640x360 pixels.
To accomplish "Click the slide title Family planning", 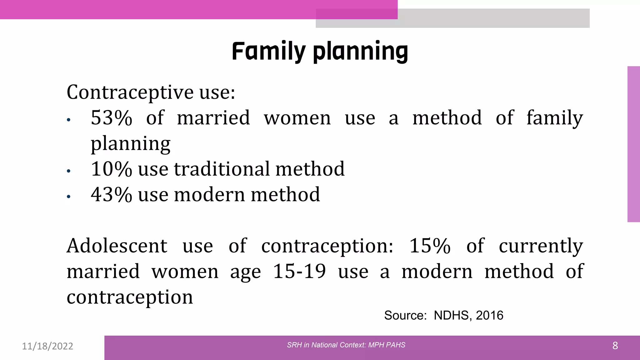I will coord(320,51).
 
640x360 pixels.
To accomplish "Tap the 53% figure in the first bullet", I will coord(111,118).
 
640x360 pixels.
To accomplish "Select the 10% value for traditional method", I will coord(111,169).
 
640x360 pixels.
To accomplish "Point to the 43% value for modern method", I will coord(111,195).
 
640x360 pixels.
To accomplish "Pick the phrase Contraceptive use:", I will coord(151,92).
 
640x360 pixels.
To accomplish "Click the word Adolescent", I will coord(117,246).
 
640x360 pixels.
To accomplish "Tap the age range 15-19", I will coord(299,271).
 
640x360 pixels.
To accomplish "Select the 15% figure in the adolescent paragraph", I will coord(430,246).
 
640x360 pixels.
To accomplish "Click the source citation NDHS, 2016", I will coord(468,316).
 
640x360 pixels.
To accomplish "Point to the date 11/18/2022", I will coord(47,346).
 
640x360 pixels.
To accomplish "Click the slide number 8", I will coord(615,346).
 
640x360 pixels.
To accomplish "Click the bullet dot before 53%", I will coord(69,120).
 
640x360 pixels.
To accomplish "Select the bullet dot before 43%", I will coord(69,197).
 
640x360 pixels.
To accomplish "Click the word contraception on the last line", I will coord(130,297).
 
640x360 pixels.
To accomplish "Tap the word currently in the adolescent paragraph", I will coord(541,246).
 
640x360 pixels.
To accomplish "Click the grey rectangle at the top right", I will coord(494,18).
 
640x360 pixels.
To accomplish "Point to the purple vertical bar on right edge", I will coord(633,144).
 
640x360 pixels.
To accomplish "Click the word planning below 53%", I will coord(130,144).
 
